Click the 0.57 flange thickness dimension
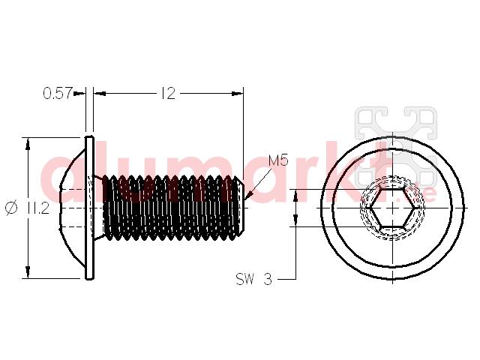[x=58, y=93]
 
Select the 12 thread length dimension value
[x=168, y=93]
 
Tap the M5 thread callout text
[x=278, y=160]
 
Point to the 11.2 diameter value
[x=38, y=208]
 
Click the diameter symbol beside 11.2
[x=12, y=208]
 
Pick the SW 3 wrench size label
[x=253, y=279]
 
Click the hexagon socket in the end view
[x=393, y=208]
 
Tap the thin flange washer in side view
[x=89, y=208]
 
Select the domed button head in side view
[x=72, y=208]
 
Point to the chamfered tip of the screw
[x=241, y=208]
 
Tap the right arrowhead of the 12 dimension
[x=237, y=93]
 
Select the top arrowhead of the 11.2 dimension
[x=28, y=143]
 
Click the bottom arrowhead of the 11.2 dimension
[x=28, y=272]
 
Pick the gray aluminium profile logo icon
[x=397, y=147]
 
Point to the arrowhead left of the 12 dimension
[x=100, y=93]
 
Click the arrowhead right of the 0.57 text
[x=79, y=93]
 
